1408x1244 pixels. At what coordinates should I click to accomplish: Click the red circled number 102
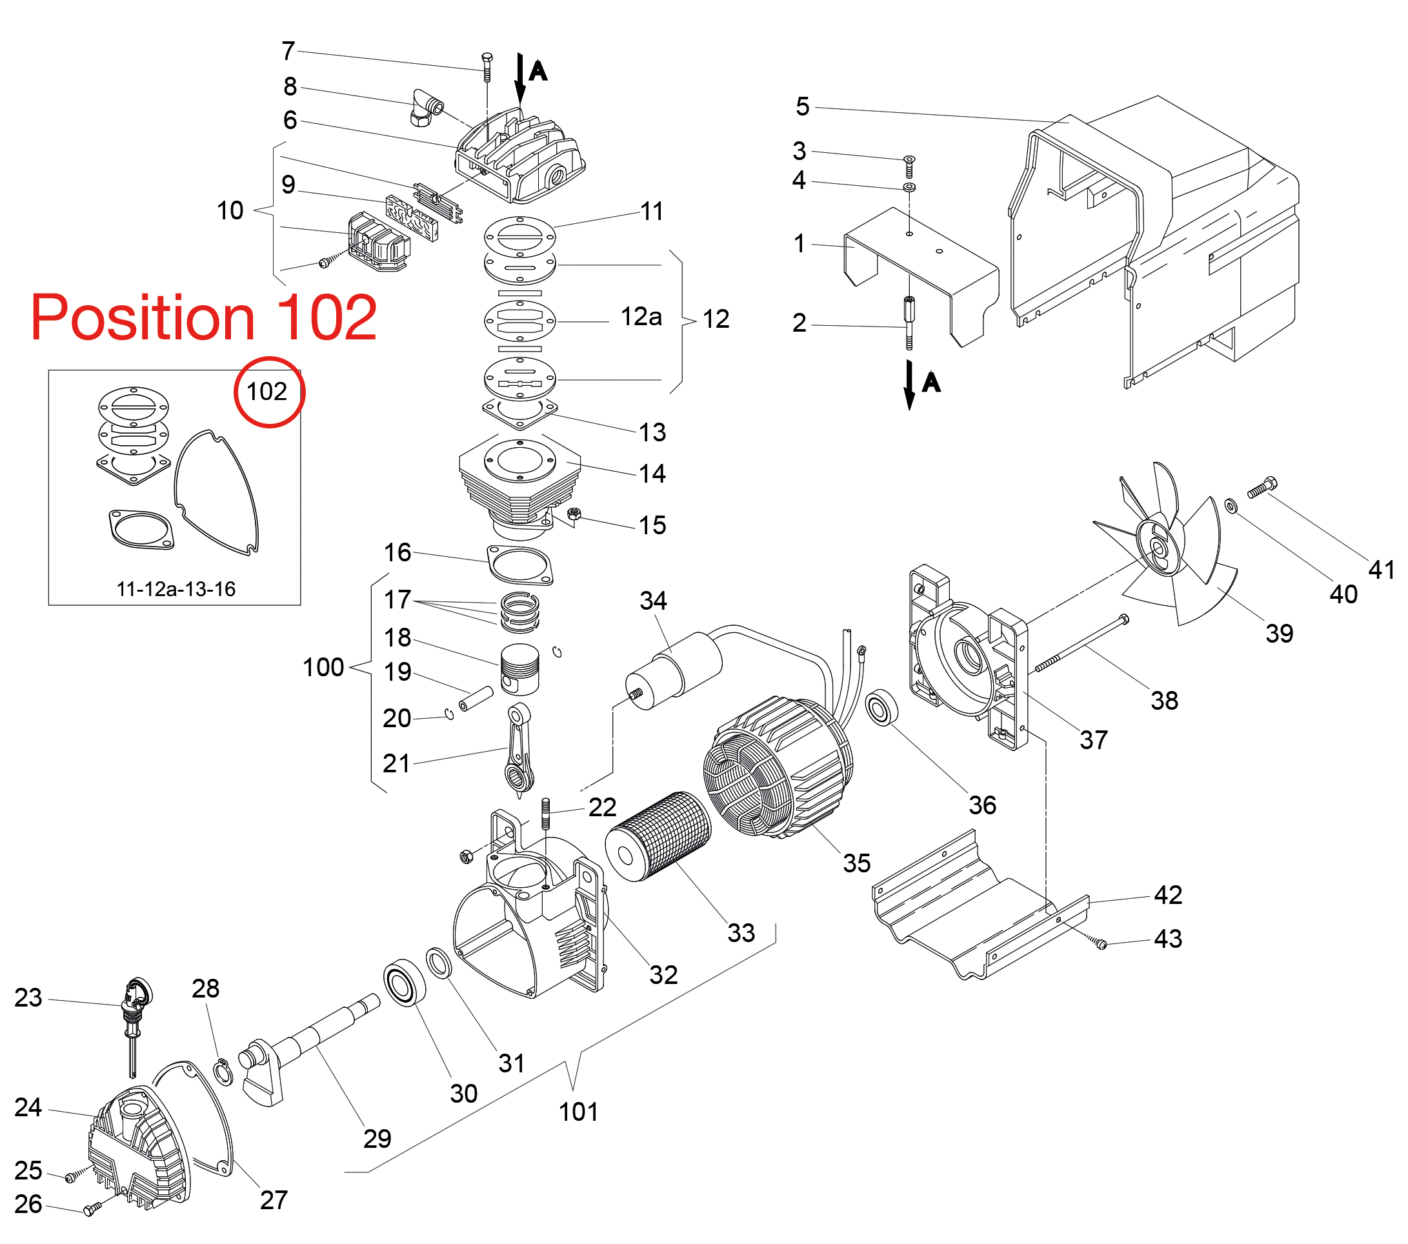(267, 392)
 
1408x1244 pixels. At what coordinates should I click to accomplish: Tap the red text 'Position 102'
(204, 317)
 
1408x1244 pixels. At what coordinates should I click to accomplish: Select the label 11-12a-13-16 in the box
(176, 589)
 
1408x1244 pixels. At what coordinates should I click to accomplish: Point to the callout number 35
(856, 863)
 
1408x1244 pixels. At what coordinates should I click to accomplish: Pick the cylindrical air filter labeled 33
(658, 837)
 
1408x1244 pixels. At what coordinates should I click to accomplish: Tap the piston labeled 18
(520, 668)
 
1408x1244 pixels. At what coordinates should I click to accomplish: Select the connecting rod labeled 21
(519, 751)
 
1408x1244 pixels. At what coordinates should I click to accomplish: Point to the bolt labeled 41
(1262, 488)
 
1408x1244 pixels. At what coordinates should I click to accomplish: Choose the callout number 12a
(641, 317)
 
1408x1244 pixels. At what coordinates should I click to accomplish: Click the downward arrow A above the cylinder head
(521, 79)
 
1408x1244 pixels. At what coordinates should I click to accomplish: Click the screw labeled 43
(1101, 945)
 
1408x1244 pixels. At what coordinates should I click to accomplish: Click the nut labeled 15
(574, 513)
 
